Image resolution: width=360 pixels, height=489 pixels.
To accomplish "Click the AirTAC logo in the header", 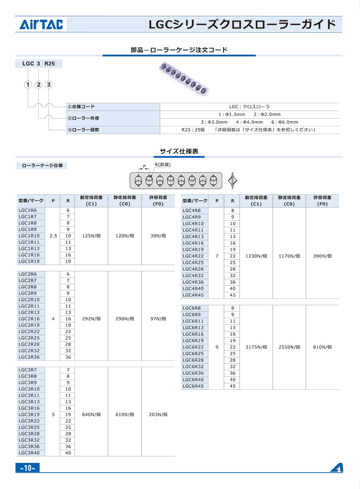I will pos(41,25).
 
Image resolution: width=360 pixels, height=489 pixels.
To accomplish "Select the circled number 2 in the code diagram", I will pos(38,84).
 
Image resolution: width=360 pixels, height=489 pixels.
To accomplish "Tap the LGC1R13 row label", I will pos(29,248).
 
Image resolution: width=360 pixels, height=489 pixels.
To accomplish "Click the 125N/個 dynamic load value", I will pos(91,236).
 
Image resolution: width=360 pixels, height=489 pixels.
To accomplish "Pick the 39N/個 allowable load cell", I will pos(158,236).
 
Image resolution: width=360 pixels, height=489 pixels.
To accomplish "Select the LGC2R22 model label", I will pos(29,331).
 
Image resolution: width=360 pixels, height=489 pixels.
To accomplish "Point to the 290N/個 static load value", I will pos(124,319).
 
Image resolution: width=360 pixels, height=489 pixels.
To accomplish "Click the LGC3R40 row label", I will pos(29,453).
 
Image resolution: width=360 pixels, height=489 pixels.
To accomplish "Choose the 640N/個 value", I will pos(91,415).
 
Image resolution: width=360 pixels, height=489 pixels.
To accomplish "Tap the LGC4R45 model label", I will pos(193,295).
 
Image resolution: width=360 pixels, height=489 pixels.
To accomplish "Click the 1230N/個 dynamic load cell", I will pos(256,256).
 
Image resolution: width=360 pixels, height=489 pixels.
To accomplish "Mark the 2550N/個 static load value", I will pos(289,347).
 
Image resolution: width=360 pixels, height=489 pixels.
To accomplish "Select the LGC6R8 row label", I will pos(192,308).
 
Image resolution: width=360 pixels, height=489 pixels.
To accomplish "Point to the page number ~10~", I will pos(28,468).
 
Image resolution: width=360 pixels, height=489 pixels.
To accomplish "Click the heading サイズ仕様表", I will pos(179,151).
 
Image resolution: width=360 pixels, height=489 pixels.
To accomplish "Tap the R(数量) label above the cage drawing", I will pos(163,165).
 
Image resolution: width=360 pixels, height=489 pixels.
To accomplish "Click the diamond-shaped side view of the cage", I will pos(231,181).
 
